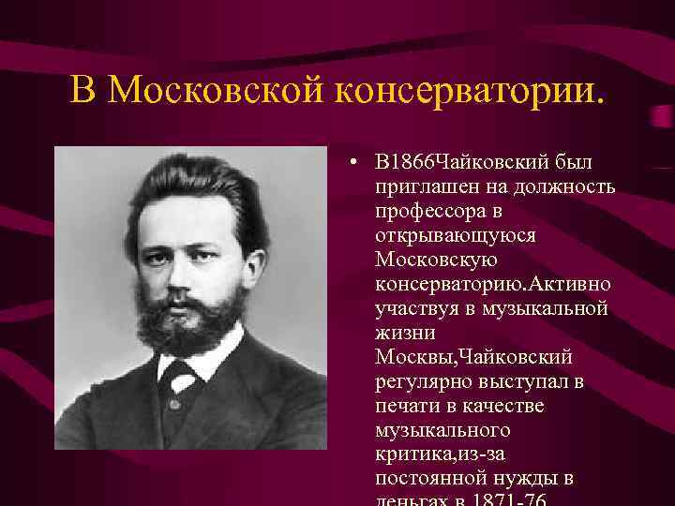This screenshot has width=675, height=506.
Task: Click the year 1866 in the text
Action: pyautogui.click(x=412, y=164)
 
